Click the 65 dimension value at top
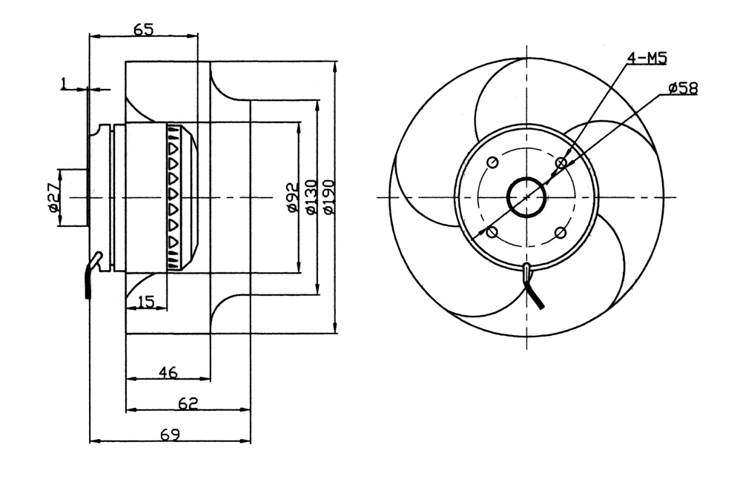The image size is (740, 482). (144, 30)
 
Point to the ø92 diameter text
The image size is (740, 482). (291, 198)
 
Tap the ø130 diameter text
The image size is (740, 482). (310, 198)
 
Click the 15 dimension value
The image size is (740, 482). (146, 301)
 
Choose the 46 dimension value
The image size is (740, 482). (168, 372)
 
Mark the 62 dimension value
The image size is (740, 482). (189, 403)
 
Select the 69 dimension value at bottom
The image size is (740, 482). (170, 435)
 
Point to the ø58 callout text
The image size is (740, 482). (682, 89)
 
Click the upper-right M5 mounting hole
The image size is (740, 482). (561, 162)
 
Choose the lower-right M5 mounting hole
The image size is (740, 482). (561, 233)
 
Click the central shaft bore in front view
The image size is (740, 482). (526, 197)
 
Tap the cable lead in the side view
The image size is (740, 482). (90, 277)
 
